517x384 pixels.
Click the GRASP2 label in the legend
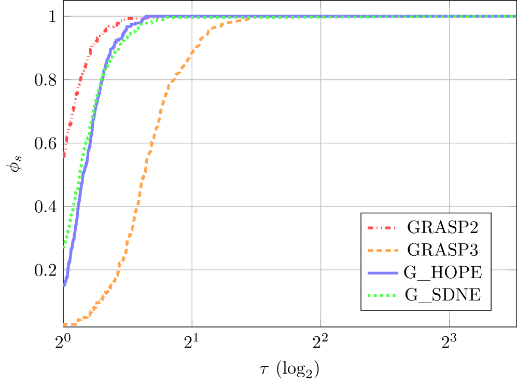[x=442, y=227]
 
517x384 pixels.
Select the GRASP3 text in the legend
[x=442, y=250]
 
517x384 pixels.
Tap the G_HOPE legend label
[x=442, y=272]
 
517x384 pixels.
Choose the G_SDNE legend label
[x=442, y=295]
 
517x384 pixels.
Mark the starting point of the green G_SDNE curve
[x=64, y=247]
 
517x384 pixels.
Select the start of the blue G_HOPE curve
[x=64, y=285]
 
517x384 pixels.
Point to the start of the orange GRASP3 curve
[x=64, y=325]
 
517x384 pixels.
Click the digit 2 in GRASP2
[x=472, y=227]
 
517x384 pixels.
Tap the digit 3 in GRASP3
[x=472, y=250]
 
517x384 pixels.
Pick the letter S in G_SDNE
[x=430, y=295]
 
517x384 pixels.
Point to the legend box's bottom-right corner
[x=491, y=309]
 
